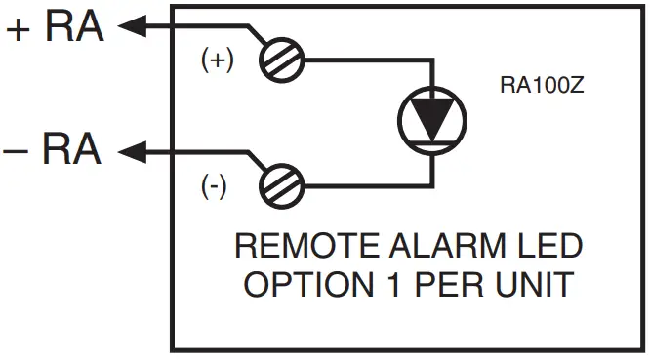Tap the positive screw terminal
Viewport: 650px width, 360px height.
coord(283,60)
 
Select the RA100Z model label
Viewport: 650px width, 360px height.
coord(542,86)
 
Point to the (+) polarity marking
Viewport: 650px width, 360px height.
coord(217,60)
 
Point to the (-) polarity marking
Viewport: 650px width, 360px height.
coord(214,187)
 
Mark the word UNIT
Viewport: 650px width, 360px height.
coord(523,285)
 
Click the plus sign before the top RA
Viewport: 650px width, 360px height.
coord(18,29)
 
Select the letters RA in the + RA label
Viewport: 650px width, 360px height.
coord(74,28)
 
